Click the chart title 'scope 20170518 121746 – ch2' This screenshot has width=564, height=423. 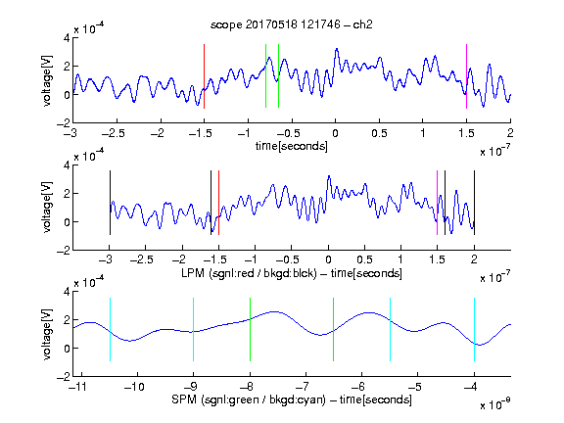click(292, 24)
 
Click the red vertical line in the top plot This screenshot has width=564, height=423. click(204, 76)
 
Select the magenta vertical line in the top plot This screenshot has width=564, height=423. click(466, 76)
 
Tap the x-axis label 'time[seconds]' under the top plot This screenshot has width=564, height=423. click(292, 146)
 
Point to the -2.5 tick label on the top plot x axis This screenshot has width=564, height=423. click(113, 133)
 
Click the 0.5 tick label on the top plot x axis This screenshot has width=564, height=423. click(379, 133)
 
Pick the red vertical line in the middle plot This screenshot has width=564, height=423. click(218, 203)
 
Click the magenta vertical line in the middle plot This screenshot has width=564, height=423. click(437, 203)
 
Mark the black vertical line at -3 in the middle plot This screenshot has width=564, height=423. click(110, 203)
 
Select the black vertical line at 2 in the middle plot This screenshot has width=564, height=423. click(475, 203)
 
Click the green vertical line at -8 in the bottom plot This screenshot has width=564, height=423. click(250, 329)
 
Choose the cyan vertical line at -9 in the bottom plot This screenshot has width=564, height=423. click(193, 329)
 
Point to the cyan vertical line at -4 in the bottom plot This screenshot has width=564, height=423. click(475, 329)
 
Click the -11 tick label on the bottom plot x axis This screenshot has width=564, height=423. click(78, 387)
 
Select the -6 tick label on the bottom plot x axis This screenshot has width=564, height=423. click(358, 387)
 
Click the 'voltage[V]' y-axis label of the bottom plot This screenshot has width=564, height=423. click(47, 334)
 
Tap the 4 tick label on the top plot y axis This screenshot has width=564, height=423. click(67, 38)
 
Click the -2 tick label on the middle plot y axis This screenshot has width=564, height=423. click(64, 251)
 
